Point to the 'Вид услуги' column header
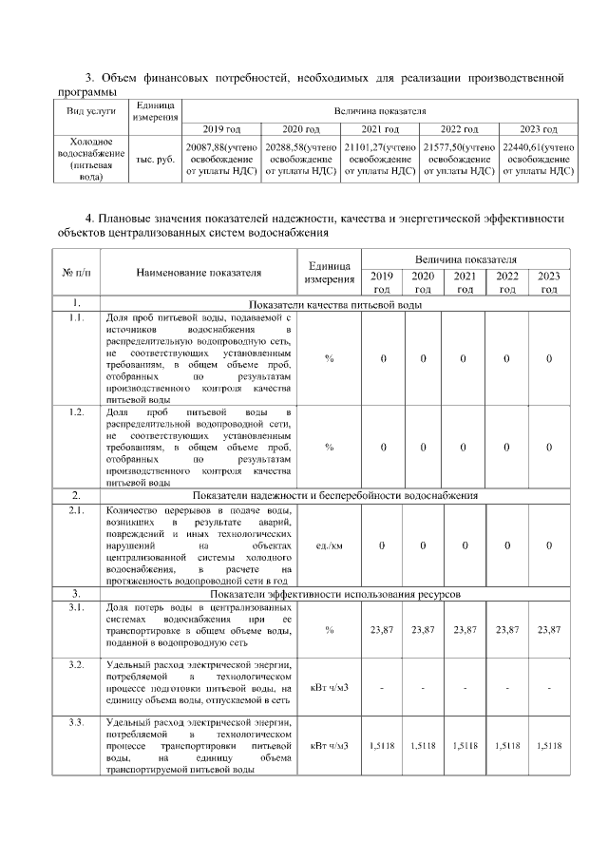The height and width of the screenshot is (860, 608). (x=90, y=111)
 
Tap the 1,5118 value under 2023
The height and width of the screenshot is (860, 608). (x=549, y=747)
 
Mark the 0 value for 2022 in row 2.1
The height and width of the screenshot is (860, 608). (x=507, y=545)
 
